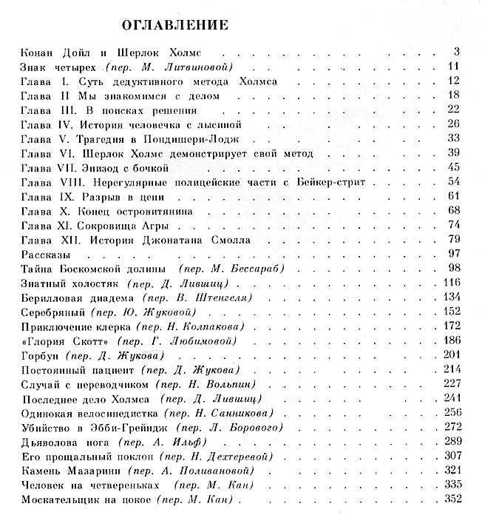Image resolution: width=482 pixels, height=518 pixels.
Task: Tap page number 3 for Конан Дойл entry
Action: coord(458,52)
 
